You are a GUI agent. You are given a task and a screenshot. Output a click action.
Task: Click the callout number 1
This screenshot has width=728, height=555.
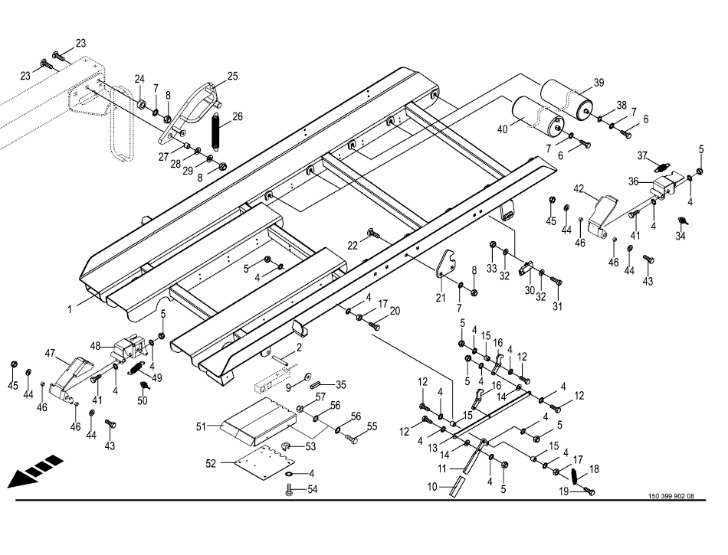70,309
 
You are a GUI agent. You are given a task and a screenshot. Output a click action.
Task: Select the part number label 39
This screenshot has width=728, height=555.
598,83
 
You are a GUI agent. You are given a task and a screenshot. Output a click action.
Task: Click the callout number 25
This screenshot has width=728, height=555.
232,76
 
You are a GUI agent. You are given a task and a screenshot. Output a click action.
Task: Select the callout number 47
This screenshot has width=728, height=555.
51,354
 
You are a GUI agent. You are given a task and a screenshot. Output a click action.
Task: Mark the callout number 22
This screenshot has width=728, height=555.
353,245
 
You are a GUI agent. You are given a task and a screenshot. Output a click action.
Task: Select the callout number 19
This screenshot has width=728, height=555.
563,491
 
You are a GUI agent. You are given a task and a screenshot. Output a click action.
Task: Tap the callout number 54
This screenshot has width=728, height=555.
313,488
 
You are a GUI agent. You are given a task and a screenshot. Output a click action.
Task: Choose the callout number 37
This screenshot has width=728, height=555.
644,156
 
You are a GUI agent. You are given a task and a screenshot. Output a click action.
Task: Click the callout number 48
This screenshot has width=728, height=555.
96,345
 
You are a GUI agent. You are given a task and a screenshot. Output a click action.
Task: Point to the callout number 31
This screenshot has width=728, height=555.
557,306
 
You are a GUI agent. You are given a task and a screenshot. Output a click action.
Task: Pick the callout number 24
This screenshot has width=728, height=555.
139,79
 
